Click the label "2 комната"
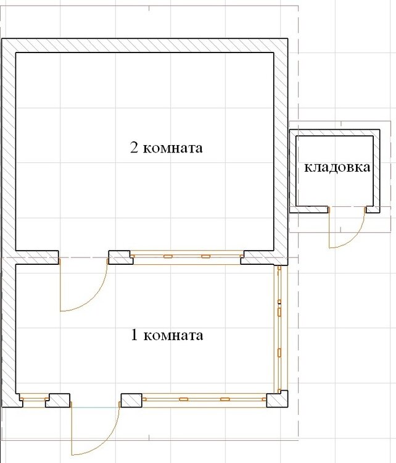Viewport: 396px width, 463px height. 166,148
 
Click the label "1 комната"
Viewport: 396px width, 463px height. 167,335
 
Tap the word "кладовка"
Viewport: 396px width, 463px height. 337,167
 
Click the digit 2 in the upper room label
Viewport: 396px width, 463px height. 134,148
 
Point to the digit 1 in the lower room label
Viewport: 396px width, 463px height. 134,335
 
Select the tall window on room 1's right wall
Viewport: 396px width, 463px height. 279,329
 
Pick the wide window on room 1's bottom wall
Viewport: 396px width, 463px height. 204,399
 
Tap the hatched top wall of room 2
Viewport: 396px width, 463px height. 144,46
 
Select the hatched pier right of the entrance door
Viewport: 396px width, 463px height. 131,401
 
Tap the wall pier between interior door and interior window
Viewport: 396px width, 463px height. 119,257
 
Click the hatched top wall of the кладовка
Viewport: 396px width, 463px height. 334,133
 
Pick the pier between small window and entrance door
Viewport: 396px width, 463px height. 59,401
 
